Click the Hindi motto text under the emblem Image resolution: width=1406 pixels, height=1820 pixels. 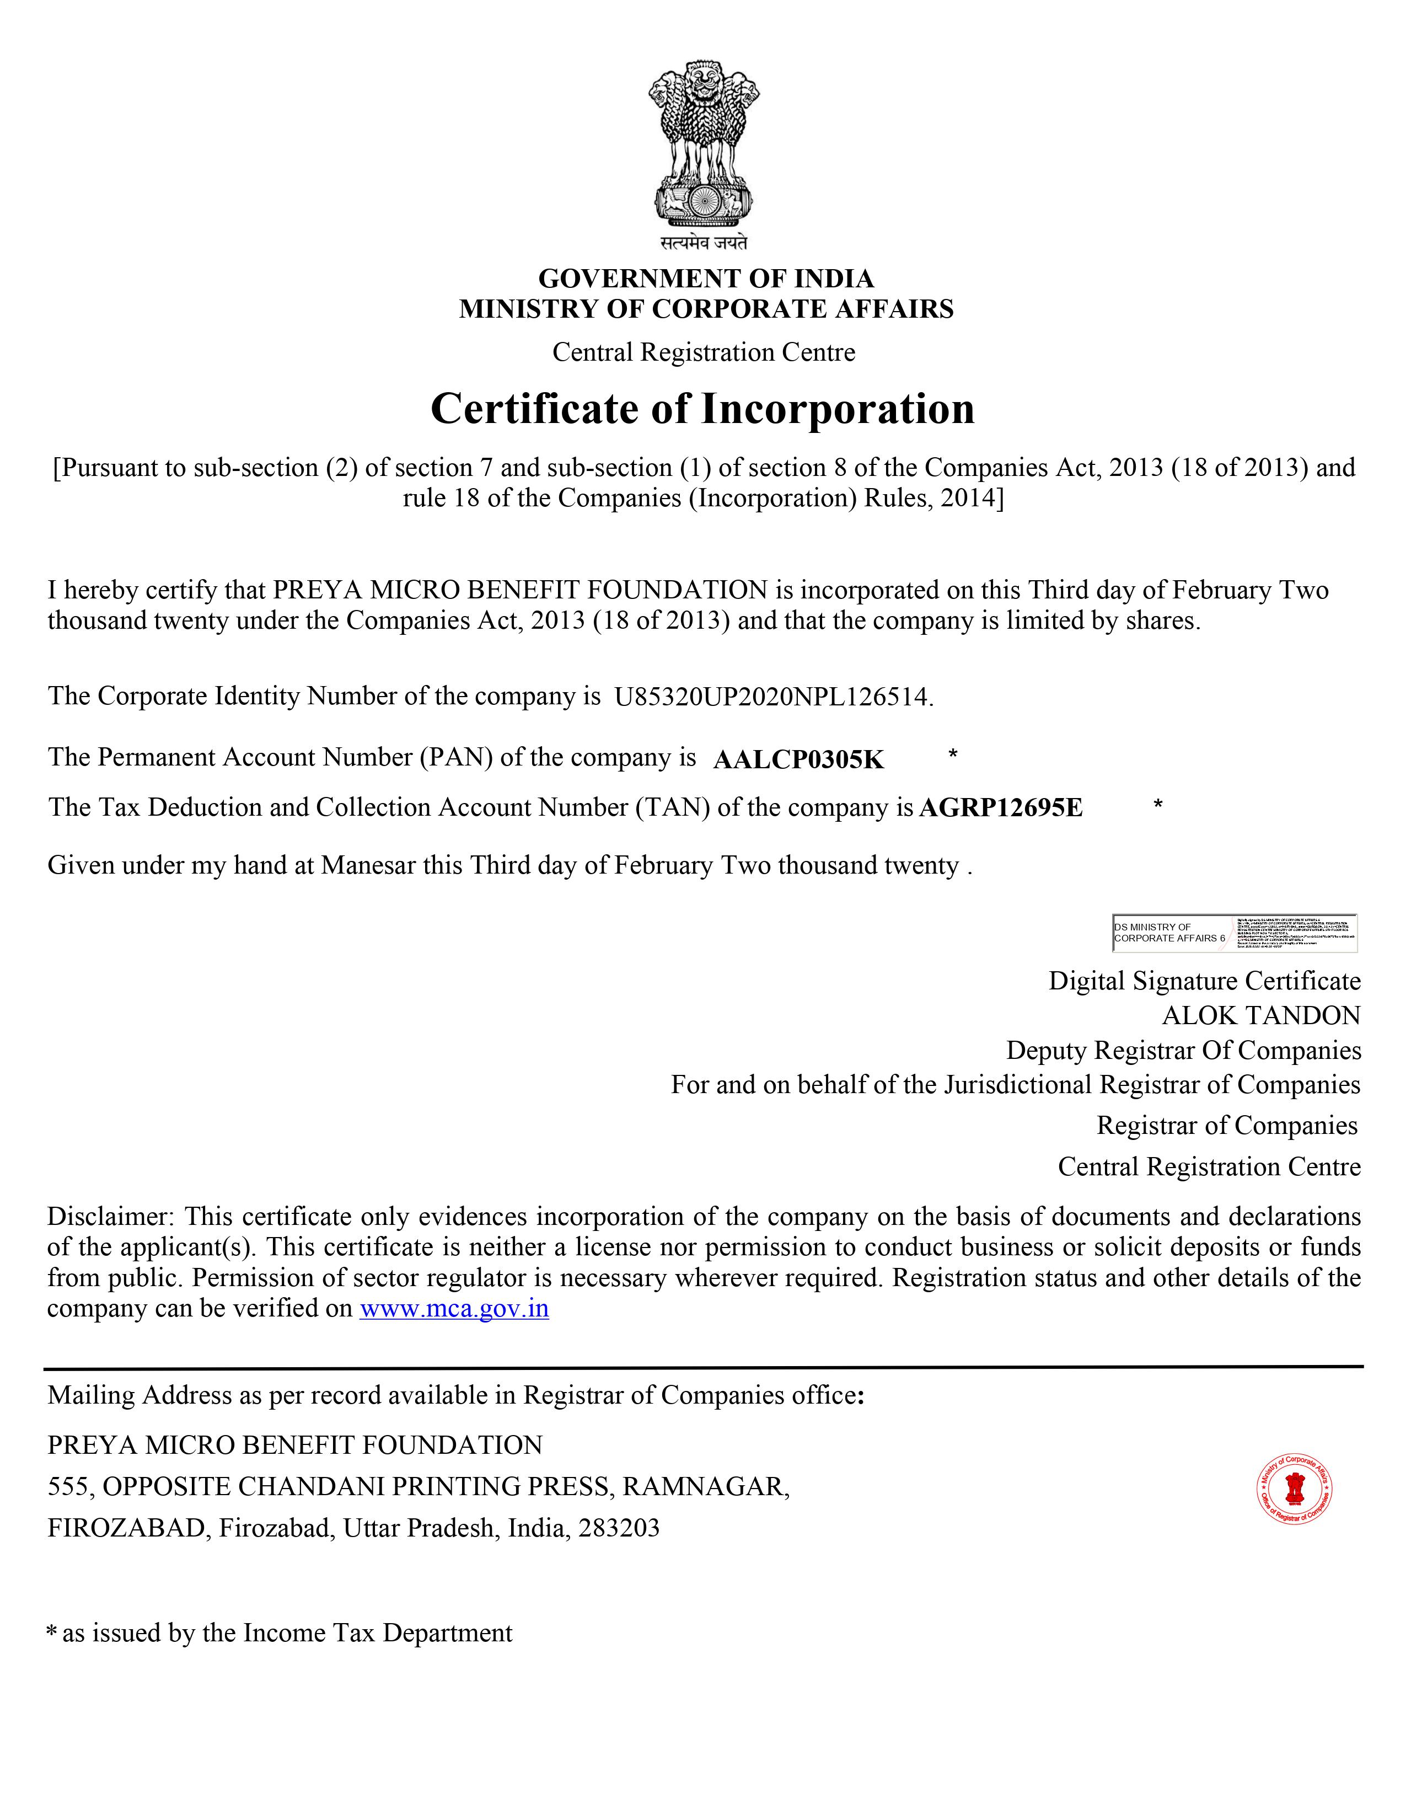[x=704, y=243]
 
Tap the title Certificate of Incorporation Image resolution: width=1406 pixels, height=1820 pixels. [x=702, y=408]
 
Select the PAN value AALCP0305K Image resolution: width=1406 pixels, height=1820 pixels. [x=798, y=759]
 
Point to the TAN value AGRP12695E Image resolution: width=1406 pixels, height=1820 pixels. [x=1000, y=807]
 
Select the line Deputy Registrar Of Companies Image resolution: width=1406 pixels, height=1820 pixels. [x=1183, y=1050]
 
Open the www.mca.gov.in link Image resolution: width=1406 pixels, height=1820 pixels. [x=454, y=1308]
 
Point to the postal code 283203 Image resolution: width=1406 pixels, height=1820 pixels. [x=619, y=1528]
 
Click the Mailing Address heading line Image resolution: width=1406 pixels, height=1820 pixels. [x=455, y=1395]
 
